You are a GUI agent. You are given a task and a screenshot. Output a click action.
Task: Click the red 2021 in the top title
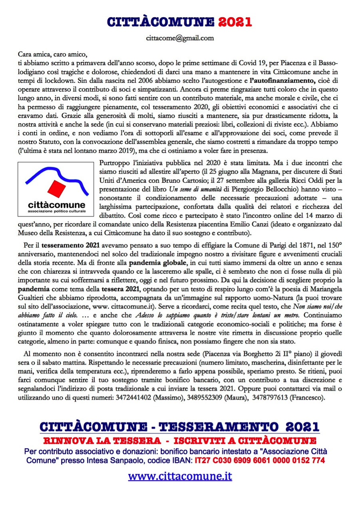tap(235, 21)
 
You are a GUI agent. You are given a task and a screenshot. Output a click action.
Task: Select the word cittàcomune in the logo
tap(57, 204)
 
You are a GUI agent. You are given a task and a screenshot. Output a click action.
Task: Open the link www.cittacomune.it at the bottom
tap(180, 477)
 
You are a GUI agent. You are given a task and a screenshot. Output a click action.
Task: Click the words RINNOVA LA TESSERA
tap(97, 441)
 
